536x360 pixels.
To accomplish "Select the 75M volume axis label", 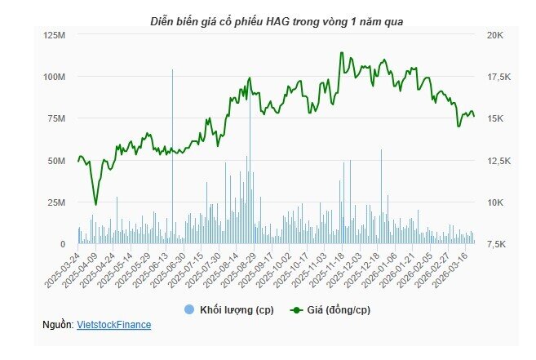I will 56,118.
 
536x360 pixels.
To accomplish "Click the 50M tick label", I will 56,161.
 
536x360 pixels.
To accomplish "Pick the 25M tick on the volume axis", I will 56,202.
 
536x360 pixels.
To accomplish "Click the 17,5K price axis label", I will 498,77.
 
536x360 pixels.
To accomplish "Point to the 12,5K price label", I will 498,161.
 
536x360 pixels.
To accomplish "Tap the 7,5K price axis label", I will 497,244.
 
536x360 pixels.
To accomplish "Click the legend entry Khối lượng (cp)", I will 237,309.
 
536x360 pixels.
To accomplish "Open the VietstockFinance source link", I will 113,325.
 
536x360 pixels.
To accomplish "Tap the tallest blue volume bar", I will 172,155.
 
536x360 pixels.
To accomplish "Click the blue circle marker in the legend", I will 189,309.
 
